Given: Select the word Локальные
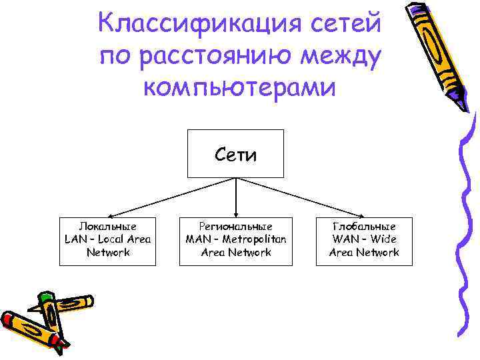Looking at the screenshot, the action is tap(107, 227).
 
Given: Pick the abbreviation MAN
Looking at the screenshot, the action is tap(198, 239).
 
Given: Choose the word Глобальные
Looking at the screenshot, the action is tap(364, 227).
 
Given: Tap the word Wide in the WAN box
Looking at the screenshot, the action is tap(384, 239).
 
